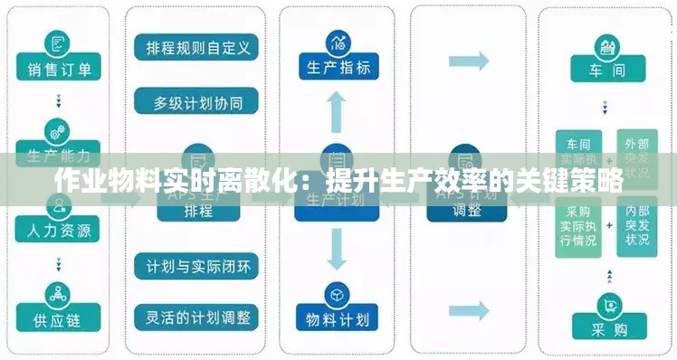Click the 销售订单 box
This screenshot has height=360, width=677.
click(x=59, y=68)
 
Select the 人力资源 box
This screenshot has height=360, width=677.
click(x=59, y=230)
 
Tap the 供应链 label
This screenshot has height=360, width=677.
click(x=59, y=320)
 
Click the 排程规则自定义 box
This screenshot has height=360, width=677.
click(x=197, y=46)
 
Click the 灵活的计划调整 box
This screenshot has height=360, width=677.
click(x=197, y=317)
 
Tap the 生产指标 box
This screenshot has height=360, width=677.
click(x=338, y=67)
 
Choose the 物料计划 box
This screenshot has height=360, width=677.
click(x=338, y=318)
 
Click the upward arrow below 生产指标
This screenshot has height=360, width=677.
click(x=338, y=113)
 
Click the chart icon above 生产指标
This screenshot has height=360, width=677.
click(x=338, y=41)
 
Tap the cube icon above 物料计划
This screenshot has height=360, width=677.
click(x=338, y=294)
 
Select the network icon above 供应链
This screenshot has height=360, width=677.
click(x=59, y=295)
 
